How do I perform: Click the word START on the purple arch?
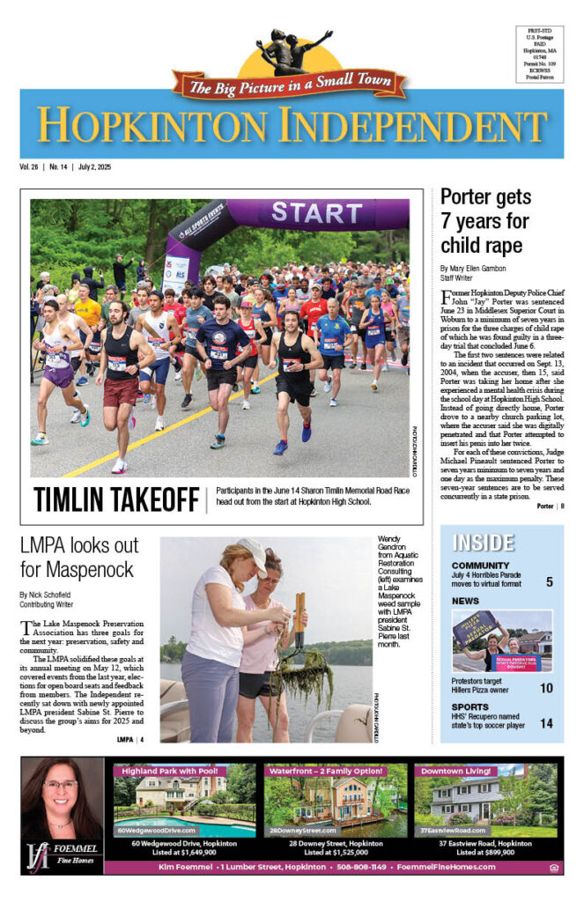click(318, 213)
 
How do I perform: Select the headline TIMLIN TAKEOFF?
click(116, 499)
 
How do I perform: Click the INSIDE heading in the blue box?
click(483, 542)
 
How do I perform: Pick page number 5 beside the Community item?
click(549, 581)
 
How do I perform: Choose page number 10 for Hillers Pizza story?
click(547, 688)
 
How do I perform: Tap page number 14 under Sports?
click(547, 723)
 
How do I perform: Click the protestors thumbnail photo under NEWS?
click(502, 640)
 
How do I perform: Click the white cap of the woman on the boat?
click(252, 553)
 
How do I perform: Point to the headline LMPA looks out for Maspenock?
click(78, 557)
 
